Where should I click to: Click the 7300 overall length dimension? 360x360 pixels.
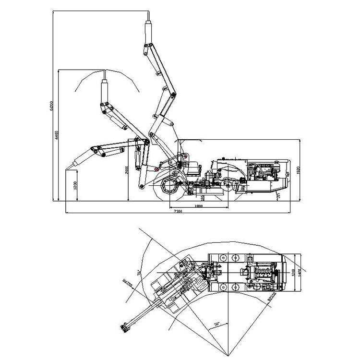click(177, 211)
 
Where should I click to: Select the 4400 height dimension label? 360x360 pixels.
click(56, 135)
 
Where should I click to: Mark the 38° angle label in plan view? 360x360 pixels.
click(216, 324)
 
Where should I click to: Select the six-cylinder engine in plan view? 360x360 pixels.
click(263, 273)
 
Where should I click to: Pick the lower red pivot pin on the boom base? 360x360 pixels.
click(156, 169)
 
